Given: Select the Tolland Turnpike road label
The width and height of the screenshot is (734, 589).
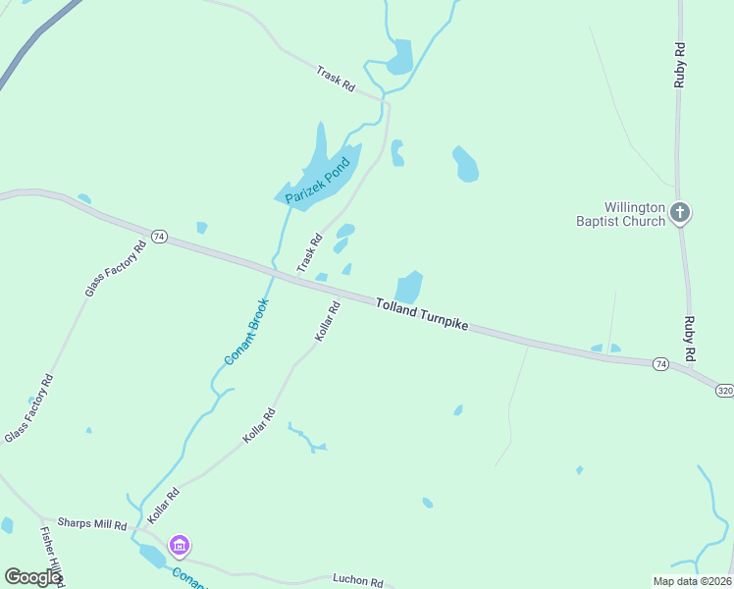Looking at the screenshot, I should pos(423,314).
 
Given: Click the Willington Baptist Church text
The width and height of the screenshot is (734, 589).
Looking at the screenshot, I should pos(634,214).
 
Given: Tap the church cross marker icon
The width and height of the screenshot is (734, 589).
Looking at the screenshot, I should pos(680,212).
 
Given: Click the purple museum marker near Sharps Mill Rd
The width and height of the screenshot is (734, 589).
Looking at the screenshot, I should pos(179,545).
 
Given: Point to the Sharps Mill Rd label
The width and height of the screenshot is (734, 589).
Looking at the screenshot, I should pos(92,524).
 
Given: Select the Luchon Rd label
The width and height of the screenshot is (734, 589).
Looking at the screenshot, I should pos(357,580).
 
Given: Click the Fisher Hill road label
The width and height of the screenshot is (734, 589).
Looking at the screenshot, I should pos(51,555).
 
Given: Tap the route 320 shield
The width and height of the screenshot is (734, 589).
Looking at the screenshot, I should pos(724,390).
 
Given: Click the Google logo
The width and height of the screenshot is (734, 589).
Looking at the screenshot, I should pos(32,577).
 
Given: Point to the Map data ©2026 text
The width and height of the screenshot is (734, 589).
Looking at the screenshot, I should pos(692,580).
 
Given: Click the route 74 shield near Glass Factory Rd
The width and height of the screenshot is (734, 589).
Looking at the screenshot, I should pos(160,237).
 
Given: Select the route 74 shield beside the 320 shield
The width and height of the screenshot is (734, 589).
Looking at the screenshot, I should pos(661,364).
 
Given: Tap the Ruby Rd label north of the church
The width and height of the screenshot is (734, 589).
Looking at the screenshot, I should pos(679,65).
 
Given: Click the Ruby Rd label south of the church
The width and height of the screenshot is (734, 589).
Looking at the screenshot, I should pos(690,339).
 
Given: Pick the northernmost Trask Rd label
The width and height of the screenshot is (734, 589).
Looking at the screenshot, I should pos(336,79).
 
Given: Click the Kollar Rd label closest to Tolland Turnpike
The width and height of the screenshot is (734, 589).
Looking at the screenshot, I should pos(328,321).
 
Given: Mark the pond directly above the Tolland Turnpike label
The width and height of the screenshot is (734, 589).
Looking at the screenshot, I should pos(409,288).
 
